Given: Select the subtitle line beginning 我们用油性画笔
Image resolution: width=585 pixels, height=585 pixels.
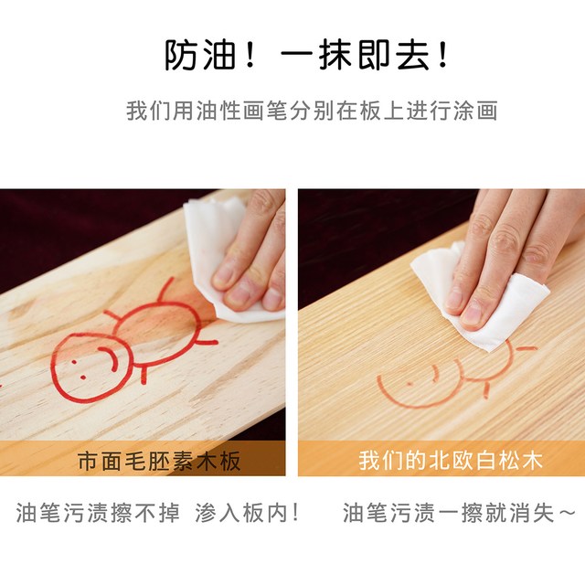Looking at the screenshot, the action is tap(312, 111).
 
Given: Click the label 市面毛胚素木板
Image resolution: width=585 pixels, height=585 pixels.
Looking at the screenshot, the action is tap(159, 461).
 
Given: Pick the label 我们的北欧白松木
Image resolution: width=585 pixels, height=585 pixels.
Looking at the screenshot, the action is tap(451, 461).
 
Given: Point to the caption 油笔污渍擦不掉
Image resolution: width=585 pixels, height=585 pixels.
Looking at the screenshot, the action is tap(98, 513).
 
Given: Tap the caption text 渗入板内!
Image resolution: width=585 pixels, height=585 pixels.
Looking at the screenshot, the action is tap(247, 513).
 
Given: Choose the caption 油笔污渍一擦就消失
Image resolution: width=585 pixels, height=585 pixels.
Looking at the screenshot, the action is tap(449, 513).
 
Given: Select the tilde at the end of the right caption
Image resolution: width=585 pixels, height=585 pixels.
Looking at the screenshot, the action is tap(568, 512).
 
